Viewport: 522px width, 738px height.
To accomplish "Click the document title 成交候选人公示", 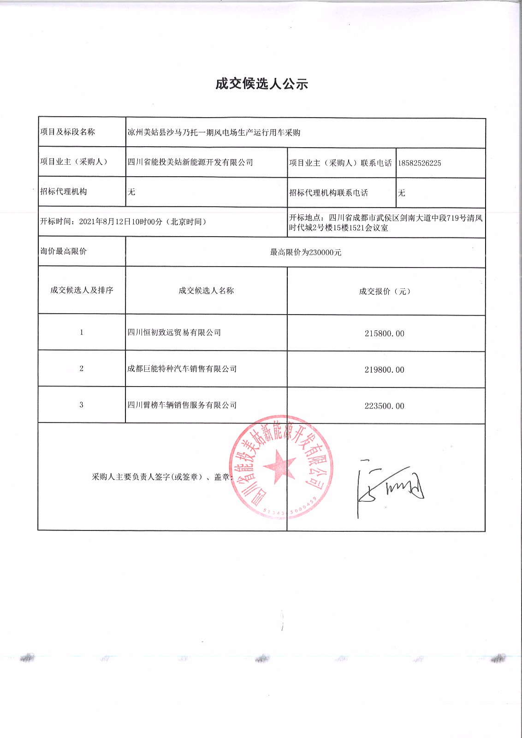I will click(x=261, y=84).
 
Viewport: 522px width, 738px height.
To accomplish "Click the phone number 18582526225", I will click(x=419, y=163).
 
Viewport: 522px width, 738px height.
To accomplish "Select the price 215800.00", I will click(x=384, y=333).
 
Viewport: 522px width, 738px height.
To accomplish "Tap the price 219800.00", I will click(x=384, y=370).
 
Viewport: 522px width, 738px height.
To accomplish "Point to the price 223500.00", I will click(x=384, y=406).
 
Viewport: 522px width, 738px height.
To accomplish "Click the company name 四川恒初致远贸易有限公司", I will click(x=174, y=333).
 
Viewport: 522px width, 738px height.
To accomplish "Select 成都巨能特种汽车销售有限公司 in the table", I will click(x=182, y=369).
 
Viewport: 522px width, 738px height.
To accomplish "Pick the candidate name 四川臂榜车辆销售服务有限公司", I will click(x=182, y=405).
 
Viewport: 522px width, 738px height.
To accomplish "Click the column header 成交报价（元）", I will click(x=385, y=292).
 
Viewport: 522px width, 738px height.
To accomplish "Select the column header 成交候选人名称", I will click(x=206, y=291).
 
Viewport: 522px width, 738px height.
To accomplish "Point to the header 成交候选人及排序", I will click(x=82, y=290).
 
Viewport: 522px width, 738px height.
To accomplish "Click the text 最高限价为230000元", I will click(x=306, y=252).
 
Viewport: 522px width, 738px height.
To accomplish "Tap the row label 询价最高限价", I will click(x=63, y=251).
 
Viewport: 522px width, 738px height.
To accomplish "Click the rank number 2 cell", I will click(x=82, y=369).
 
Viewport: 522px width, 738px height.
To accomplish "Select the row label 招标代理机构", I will click(x=63, y=191).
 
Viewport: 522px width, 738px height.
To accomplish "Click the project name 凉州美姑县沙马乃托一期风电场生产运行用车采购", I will click(x=214, y=133).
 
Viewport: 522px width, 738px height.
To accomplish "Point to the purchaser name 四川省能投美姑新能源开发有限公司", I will click(x=190, y=162).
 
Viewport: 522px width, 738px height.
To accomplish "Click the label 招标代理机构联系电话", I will click(x=328, y=193).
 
